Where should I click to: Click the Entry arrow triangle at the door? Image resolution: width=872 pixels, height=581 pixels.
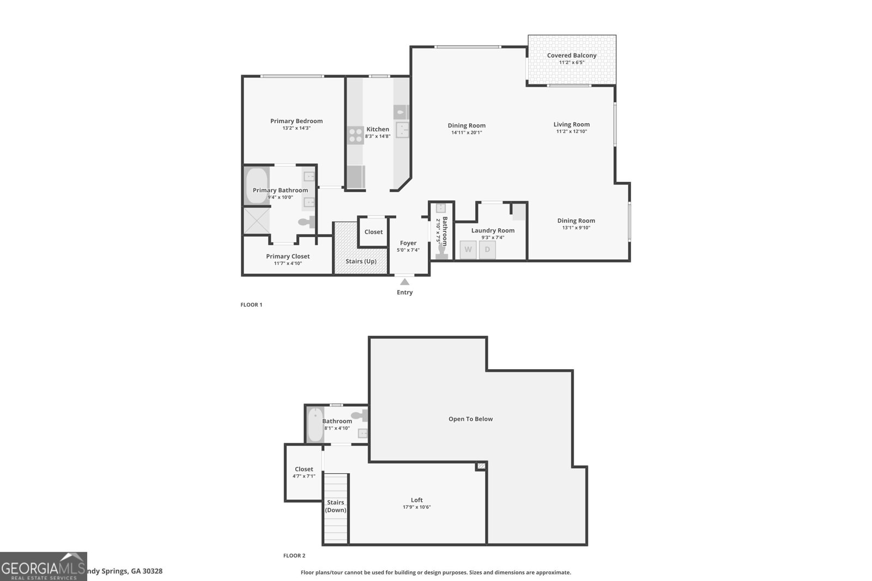pyautogui.click(x=404, y=282)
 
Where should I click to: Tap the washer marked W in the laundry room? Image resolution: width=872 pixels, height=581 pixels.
pyautogui.click(x=468, y=250)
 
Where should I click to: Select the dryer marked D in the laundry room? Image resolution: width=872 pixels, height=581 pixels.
pyautogui.click(x=487, y=250)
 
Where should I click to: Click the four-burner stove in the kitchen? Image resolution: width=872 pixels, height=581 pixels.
pyautogui.click(x=355, y=135)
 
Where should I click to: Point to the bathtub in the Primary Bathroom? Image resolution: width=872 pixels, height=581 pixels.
pyautogui.click(x=256, y=186)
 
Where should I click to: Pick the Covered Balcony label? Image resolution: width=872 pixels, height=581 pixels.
pyautogui.click(x=572, y=56)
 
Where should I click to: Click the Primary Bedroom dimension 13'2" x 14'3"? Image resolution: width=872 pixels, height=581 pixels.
pyautogui.click(x=296, y=129)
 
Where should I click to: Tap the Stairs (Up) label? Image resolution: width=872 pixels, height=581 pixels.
pyautogui.click(x=361, y=261)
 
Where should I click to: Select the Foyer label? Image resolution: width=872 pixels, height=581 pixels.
pyautogui.click(x=408, y=243)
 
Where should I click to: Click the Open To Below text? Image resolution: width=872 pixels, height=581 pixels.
pyautogui.click(x=470, y=419)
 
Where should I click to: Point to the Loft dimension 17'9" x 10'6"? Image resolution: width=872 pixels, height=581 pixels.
pyautogui.click(x=416, y=507)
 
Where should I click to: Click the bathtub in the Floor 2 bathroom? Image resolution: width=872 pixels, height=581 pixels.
pyautogui.click(x=315, y=425)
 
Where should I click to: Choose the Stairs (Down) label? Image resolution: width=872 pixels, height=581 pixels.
pyautogui.click(x=336, y=506)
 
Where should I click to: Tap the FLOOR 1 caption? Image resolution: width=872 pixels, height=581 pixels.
pyautogui.click(x=251, y=305)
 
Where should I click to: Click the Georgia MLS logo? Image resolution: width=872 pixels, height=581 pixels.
pyautogui.click(x=43, y=567)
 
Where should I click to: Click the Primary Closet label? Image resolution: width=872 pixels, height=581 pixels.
pyautogui.click(x=288, y=256)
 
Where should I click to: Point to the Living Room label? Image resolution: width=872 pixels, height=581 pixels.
pyautogui.click(x=572, y=124)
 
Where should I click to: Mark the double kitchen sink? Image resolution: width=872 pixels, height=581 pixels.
pyautogui.click(x=402, y=130)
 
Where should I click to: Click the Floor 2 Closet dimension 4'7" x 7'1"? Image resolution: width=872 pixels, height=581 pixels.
pyautogui.click(x=304, y=476)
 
